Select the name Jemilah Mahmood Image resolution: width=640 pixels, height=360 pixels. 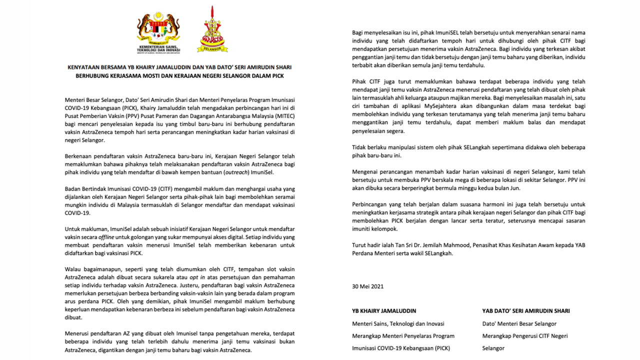point(453,245)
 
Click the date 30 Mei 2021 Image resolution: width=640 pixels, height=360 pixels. point(367,286)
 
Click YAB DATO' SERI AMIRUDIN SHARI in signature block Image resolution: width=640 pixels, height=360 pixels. point(525,311)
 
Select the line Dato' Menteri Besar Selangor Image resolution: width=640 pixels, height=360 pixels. point(519,323)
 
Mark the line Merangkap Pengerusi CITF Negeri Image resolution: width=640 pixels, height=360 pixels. point(524,336)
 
